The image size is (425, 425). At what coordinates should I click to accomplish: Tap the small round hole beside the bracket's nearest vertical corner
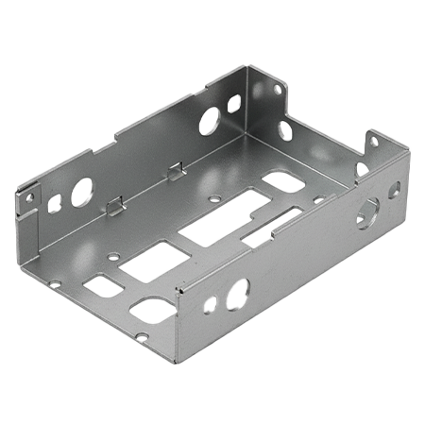210,304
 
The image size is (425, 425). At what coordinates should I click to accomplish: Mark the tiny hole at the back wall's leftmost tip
29,198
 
